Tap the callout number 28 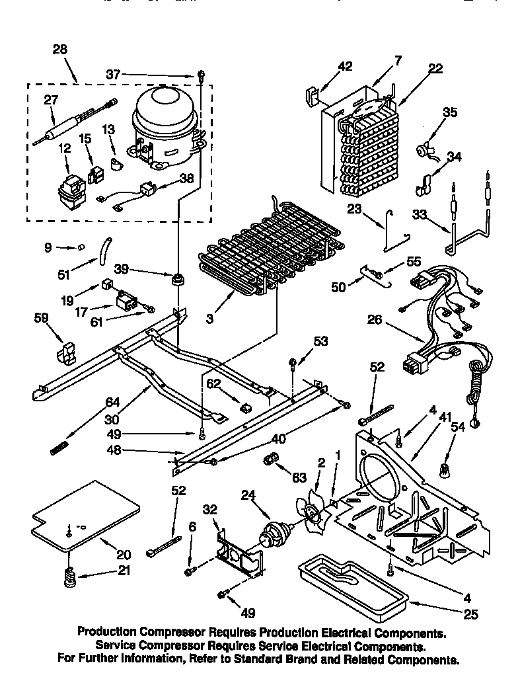tap(61, 50)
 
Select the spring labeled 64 tap(60, 448)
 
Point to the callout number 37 tap(114, 75)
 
